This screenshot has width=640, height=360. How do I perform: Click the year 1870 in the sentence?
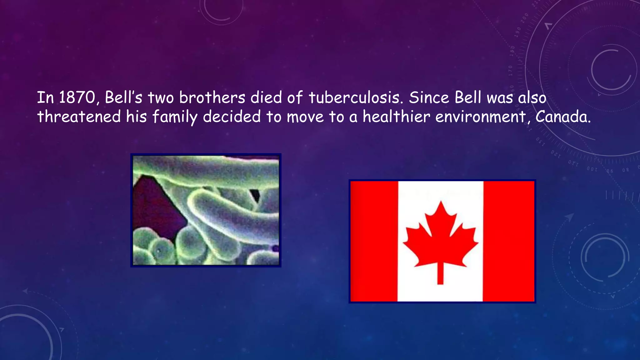tap(77, 97)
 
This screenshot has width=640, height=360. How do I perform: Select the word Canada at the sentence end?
tap(563, 117)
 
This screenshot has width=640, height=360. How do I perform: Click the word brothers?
tap(212, 97)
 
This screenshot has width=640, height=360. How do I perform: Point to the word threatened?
tap(79, 117)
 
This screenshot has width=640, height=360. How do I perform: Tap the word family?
tap(175, 117)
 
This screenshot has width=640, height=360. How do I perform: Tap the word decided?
tap(232, 117)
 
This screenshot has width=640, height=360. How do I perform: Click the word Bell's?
tap(123, 97)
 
